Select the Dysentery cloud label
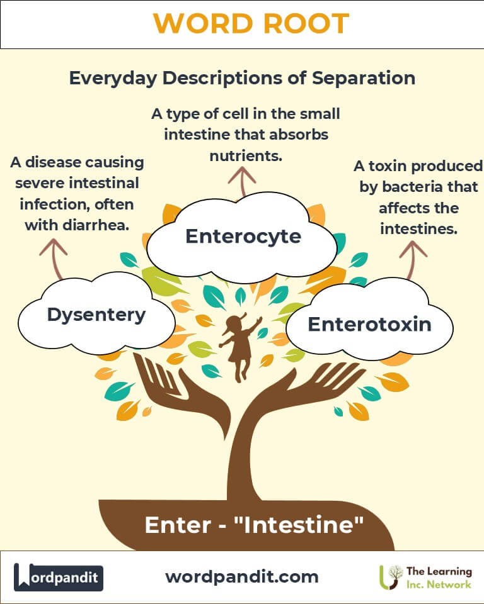(96, 315)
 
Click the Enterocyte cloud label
(243, 237)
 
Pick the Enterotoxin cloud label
(369, 324)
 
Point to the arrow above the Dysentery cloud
(54, 257)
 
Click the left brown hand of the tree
(158, 384)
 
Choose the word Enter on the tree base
(171, 525)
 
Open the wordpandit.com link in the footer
(242, 576)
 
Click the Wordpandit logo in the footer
(59, 577)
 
